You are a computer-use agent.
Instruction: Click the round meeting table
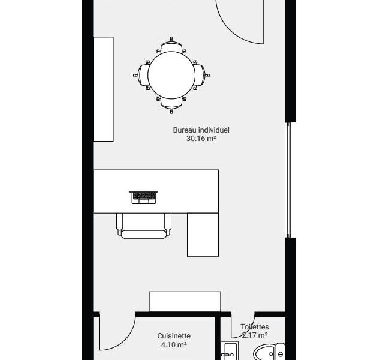click(x=171, y=75)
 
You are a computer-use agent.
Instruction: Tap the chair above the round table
click(x=171, y=45)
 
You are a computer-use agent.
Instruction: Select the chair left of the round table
click(x=141, y=75)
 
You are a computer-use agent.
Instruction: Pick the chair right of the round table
click(x=201, y=75)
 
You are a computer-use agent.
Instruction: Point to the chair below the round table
click(x=171, y=104)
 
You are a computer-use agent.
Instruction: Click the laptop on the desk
click(x=144, y=197)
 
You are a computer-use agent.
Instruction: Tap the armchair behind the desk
click(x=144, y=226)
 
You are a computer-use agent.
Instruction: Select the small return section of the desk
click(x=203, y=235)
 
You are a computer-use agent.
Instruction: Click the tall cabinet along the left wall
click(x=103, y=89)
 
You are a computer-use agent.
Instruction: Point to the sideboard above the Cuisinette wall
click(x=185, y=302)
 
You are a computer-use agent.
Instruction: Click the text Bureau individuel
click(x=201, y=130)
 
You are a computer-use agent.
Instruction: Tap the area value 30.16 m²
click(x=201, y=139)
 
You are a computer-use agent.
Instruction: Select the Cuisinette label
click(x=174, y=336)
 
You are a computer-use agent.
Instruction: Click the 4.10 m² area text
click(x=174, y=344)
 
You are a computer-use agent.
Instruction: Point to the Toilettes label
click(x=255, y=327)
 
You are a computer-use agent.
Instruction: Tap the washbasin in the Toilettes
click(x=230, y=351)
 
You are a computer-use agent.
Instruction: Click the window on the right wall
click(x=288, y=180)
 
